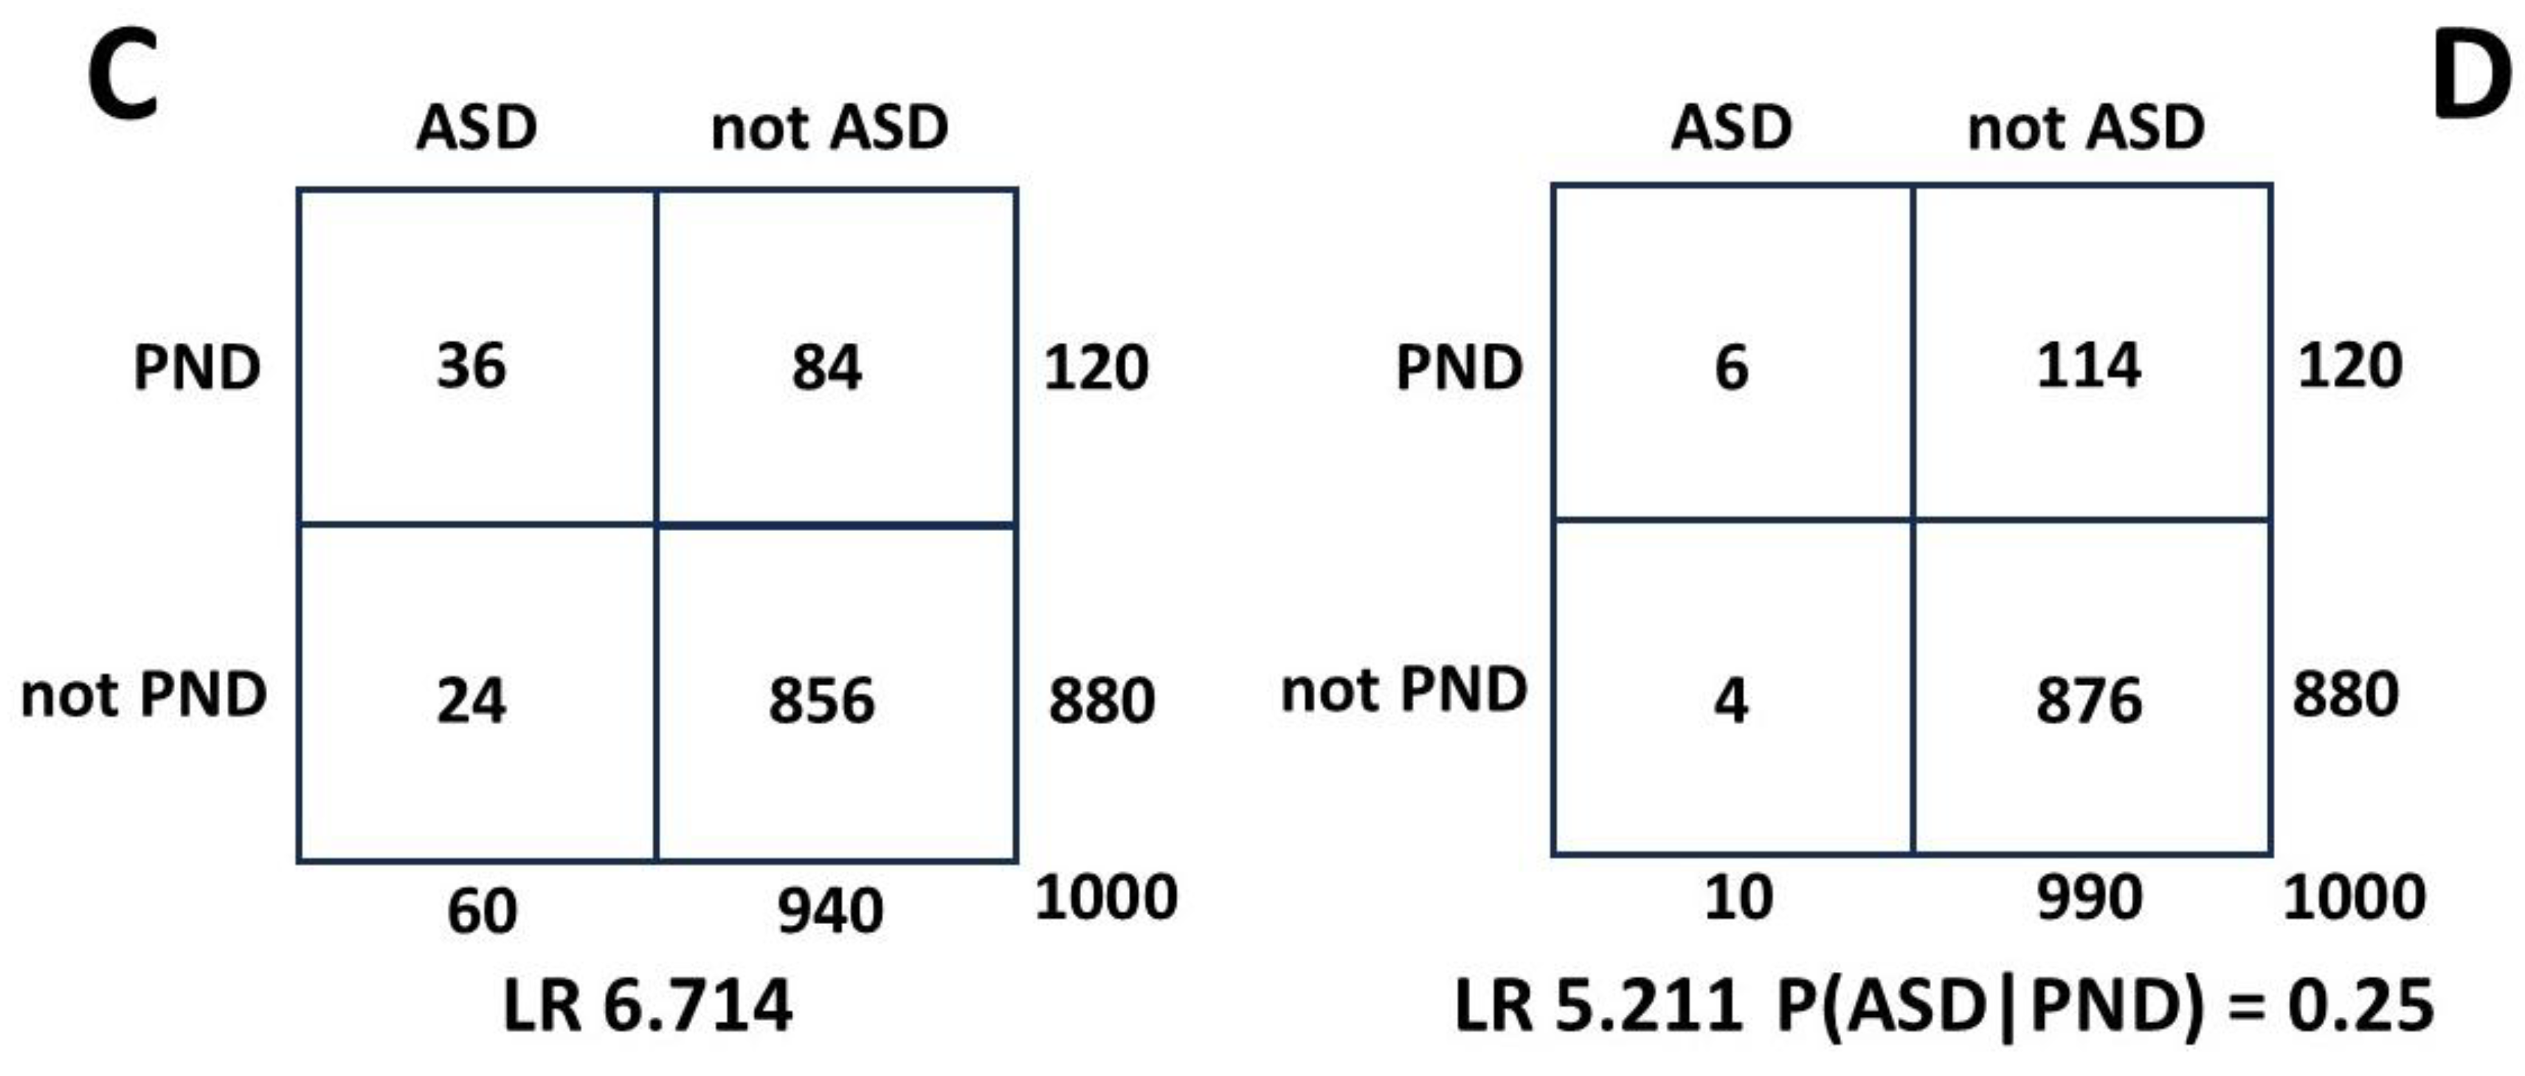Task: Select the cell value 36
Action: click(472, 367)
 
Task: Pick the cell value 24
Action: click(472, 701)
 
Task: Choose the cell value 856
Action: click(821, 701)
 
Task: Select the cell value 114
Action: click(2089, 367)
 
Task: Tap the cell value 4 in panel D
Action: click(1731, 701)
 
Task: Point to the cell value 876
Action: click(2089, 701)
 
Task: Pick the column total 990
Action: click(2089, 897)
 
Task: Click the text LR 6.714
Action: click(647, 1007)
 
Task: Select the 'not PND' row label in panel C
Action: click(144, 695)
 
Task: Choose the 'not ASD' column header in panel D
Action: click(2086, 128)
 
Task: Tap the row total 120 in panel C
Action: click(1096, 367)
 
